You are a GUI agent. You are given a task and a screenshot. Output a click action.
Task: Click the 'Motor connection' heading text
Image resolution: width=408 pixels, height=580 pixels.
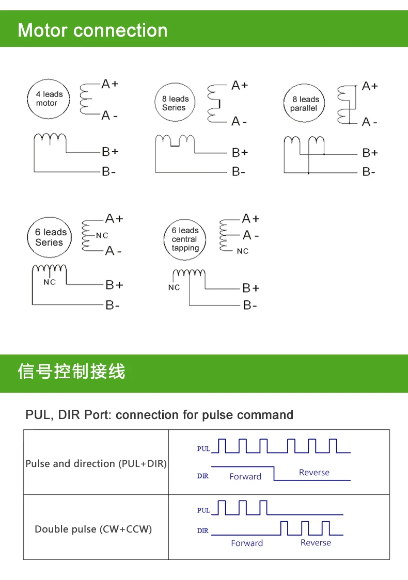[92, 30]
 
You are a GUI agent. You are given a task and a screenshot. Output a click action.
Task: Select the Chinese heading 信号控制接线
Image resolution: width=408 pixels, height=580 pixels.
[72, 372]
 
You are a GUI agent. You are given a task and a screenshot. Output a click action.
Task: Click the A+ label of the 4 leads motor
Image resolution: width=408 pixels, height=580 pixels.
[110, 84]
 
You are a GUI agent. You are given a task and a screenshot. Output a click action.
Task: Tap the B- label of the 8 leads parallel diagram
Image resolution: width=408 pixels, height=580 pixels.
[369, 172]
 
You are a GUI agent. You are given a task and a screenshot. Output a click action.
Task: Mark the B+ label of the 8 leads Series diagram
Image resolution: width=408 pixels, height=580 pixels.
[240, 152]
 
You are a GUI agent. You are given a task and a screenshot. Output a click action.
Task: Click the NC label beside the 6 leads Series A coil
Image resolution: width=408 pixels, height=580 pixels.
[102, 235]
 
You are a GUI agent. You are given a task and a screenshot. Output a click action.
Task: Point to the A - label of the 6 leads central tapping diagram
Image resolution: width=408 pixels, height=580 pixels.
[250, 235]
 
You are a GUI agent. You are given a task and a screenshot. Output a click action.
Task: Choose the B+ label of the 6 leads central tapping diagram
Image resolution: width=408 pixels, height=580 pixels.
[250, 288]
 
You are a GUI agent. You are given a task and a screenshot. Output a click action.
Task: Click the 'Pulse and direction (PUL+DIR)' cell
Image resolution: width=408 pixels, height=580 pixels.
[96, 463]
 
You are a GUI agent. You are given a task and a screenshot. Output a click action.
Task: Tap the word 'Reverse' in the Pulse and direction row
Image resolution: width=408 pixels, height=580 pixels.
[315, 472]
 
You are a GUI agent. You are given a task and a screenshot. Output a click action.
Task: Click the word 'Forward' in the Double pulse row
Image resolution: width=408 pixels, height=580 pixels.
[247, 543]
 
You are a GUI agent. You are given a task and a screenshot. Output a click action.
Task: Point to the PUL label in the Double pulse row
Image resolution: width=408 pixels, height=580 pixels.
[203, 510]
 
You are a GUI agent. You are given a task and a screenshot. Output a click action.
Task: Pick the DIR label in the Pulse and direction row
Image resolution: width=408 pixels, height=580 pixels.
[202, 476]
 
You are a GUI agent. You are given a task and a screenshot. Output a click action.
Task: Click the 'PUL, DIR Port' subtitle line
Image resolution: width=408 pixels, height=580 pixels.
[159, 415]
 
